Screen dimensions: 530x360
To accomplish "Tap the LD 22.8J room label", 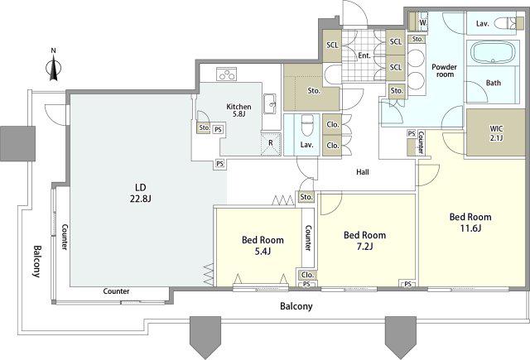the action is coord(140,193).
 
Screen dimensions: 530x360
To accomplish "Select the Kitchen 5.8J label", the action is coord(238,110).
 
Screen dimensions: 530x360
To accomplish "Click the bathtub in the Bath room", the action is coord(493,53).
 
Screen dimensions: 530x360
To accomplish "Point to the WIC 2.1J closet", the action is coord(496,132).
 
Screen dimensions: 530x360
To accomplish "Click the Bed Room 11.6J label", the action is coord(470,223).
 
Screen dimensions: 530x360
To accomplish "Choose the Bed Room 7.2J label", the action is coord(364,241).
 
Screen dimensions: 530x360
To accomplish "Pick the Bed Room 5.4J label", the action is coord(263,246).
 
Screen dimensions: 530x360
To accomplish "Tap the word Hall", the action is coord(363,172).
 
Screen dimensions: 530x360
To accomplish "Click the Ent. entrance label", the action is coord(364,55).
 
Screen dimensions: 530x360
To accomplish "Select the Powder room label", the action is coord(445,70).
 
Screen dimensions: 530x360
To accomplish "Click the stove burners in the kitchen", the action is coord(226,74).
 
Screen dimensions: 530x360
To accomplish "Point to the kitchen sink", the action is coord(270,103).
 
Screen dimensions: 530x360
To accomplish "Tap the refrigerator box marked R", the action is coord(271,144).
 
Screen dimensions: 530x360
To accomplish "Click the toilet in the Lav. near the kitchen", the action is coord(307,125).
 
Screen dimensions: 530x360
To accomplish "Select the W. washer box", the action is coord(423,22).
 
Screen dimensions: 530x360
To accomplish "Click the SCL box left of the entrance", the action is coord(332,46).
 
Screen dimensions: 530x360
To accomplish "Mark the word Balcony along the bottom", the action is coord(296,306).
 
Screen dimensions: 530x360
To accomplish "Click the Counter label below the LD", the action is coord(116,291).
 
